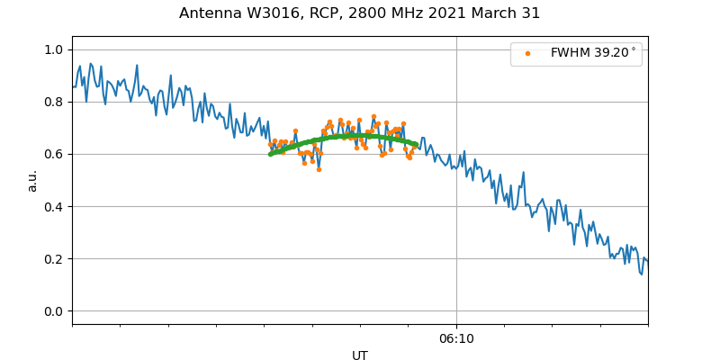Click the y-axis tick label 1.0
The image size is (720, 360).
pos(53,49)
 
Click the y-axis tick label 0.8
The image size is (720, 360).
pos(53,102)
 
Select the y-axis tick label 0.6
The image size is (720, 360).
pos(53,154)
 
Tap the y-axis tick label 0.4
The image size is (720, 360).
pos(53,206)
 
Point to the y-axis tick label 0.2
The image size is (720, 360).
pos(53,259)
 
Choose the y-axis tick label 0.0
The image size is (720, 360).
pos(53,311)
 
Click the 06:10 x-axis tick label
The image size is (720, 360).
pos(456,338)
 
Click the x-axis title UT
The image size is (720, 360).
pos(360,355)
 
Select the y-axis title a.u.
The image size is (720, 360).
pos(32,180)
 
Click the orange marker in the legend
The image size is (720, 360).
pos(527,53)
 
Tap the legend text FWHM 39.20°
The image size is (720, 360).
pos(593,53)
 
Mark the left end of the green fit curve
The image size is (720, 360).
pos(270,154)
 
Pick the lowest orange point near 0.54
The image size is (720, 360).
pos(319,169)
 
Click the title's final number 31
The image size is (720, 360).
pos(531,13)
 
